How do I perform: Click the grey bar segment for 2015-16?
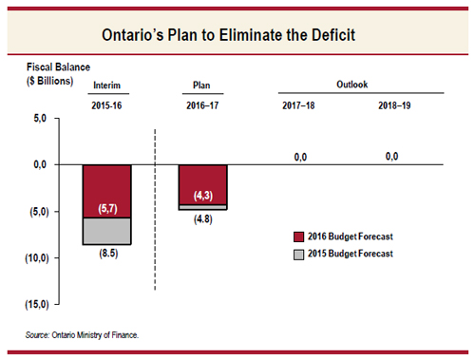(x=106, y=231)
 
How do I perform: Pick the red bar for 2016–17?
(x=202, y=183)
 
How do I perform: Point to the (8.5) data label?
(x=106, y=254)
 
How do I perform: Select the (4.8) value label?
(x=202, y=218)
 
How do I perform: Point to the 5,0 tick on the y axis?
(x=39, y=119)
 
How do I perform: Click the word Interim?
(x=106, y=85)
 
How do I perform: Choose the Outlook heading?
(x=351, y=84)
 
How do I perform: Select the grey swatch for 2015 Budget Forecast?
(x=301, y=254)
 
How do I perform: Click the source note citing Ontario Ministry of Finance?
(x=83, y=334)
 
